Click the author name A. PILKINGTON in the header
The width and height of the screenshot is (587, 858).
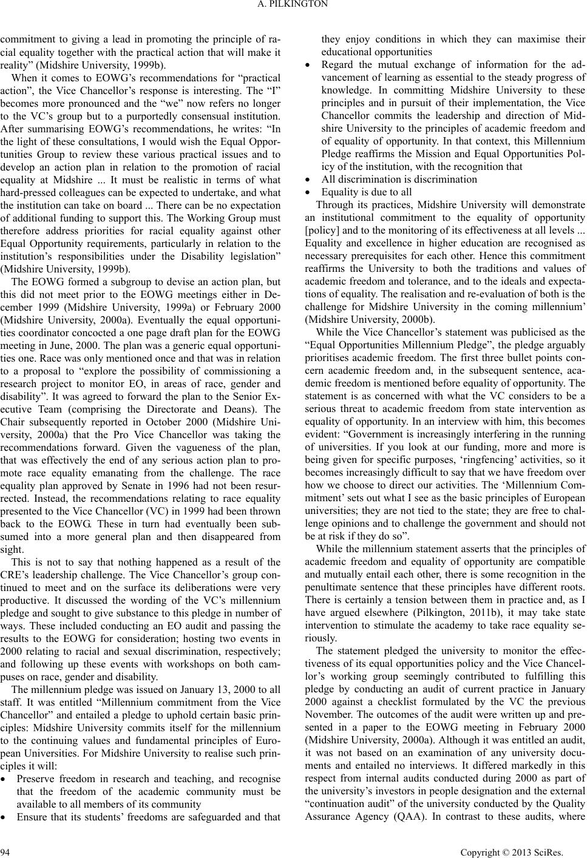click(293, 4)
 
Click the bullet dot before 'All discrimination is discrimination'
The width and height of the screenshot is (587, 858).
click(309, 180)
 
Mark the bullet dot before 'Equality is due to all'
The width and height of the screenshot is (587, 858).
click(309, 192)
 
